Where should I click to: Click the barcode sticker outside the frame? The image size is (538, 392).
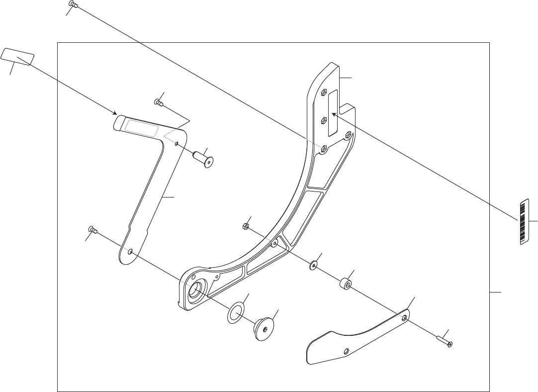point(523,222)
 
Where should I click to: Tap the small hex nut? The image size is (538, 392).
point(245,226)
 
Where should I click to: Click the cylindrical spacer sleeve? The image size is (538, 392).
point(345,285)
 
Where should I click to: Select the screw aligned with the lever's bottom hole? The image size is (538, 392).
point(92,229)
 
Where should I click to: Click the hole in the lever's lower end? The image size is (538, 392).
point(130,252)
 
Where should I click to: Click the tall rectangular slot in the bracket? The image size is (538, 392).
point(333,112)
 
